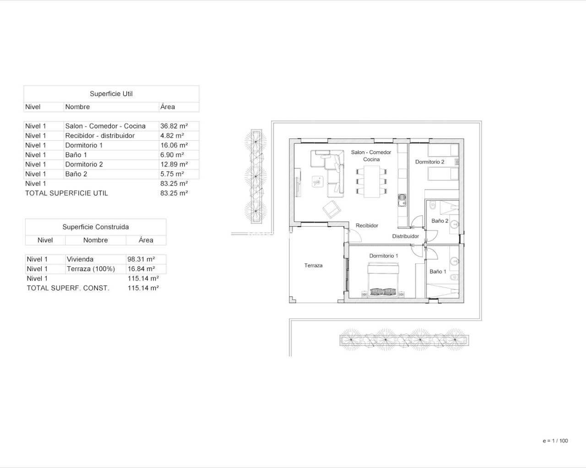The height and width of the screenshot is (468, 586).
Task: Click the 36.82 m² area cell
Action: click(x=174, y=126)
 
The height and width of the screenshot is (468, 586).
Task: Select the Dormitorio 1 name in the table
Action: click(x=84, y=145)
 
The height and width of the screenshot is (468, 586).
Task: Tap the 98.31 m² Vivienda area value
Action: click(x=141, y=259)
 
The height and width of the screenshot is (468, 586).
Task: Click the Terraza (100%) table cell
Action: click(x=91, y=269)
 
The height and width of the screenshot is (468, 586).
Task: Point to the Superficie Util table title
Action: click(x=111, y=94)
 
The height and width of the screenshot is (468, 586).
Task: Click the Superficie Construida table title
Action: click(x=96, y=227)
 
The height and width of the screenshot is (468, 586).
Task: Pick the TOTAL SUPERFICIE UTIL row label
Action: click(x=66, y=193)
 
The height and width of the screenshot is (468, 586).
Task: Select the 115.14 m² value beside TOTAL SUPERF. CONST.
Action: click(x=143, y=288)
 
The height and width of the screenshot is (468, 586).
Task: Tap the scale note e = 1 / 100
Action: click(x=555, y=441)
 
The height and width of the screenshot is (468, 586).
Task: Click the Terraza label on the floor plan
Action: click(x=314, y=266)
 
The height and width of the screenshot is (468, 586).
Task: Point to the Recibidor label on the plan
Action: click(x=367, y=225)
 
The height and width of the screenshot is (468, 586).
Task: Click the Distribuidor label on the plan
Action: click(x=406, y=236)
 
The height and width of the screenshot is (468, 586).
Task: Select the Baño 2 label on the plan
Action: click(x=440, y=221)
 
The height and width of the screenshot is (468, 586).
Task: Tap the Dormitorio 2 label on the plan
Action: click(x=430, y=162)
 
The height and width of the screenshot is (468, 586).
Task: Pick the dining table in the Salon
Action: click(x=372, y=181)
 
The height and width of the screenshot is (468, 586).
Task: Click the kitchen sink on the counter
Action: click(x=402, y=200)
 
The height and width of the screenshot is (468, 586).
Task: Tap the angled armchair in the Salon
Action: click(x=331, y=209)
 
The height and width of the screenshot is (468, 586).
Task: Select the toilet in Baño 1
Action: click(x=454, y=277)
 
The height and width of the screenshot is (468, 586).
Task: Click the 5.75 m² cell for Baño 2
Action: click(x=172, y=174)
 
